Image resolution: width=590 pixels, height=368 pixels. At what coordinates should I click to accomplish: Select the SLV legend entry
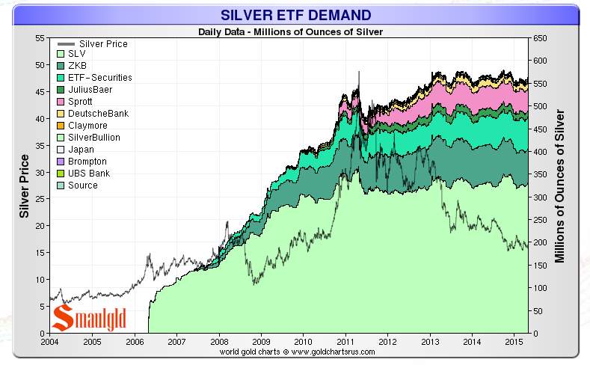(x=76, y=55)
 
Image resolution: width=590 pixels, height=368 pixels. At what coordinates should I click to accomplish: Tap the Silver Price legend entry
(x=97, y=44)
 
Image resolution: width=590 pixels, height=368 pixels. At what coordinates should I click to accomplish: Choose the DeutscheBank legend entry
(x=97, y=113)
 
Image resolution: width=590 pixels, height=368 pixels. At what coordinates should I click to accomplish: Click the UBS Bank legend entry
(x=88, y=174)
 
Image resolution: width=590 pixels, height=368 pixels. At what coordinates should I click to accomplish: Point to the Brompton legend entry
(x=87, y=162)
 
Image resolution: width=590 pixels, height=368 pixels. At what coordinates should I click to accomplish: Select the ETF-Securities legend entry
(x=99, y=77)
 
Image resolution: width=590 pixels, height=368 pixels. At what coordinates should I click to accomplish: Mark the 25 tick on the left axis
(x=41, y=199)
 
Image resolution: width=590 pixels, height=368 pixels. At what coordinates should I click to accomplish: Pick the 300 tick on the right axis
(x=539, y=197)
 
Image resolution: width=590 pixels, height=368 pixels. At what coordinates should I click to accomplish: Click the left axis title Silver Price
(x=24, y=186)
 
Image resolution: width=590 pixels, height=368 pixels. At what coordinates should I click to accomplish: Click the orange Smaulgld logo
(x=79, y=317)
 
